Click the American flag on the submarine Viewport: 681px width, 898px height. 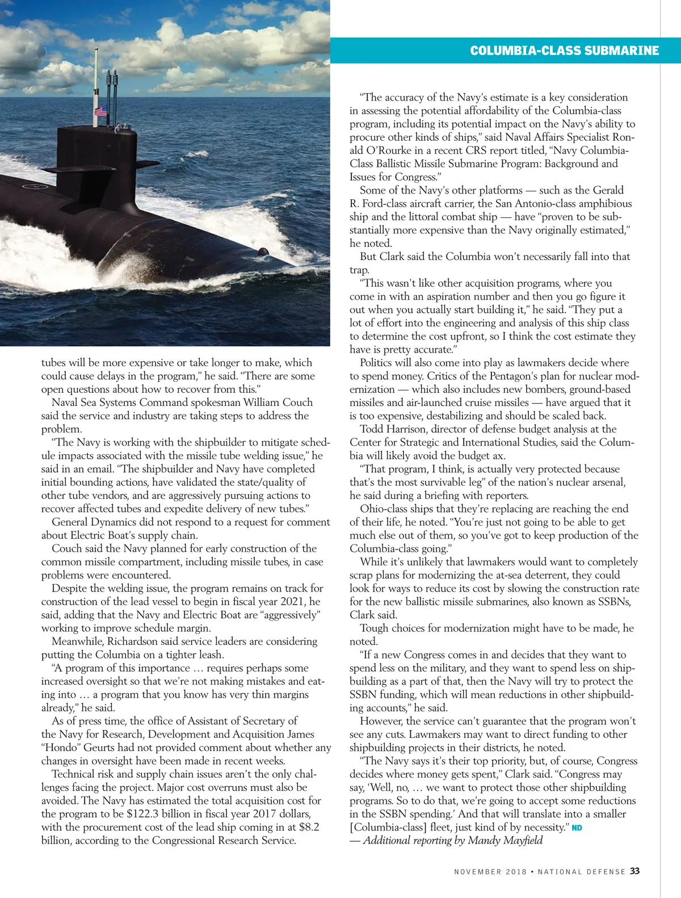[101, 111]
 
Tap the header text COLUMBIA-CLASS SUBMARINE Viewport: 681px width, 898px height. [564, 51]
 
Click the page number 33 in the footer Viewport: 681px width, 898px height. [634, 871]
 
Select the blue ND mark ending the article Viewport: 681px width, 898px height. [577, 828]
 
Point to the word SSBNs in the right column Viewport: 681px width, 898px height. [613, 602]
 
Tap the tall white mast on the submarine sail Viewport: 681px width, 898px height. [96, 79]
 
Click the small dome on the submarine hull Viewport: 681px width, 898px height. [263, 251]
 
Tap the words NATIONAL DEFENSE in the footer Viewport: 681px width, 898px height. [582, 871]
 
